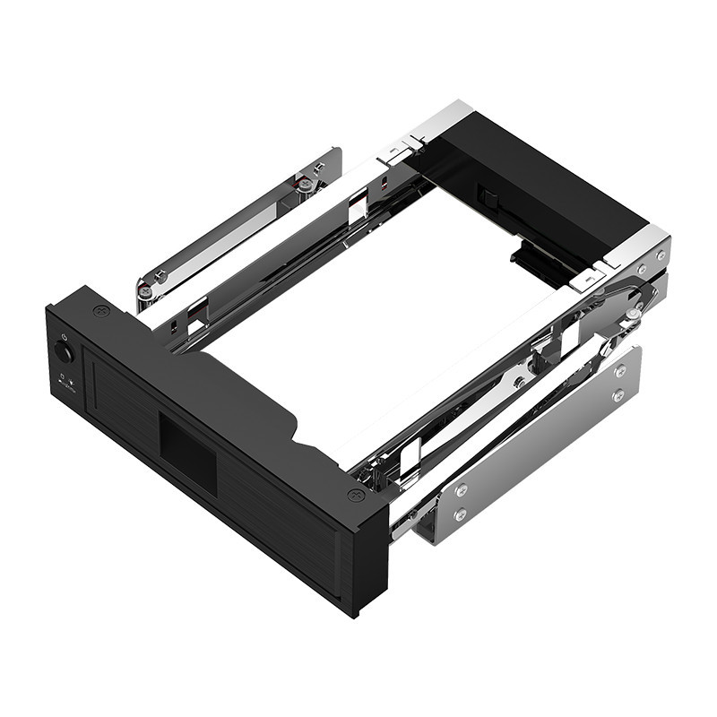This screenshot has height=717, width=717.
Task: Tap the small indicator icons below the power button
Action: [65, 380]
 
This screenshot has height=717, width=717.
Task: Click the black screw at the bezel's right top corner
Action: [356, 495]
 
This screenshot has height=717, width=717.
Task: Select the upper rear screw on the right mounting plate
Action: [619, 370]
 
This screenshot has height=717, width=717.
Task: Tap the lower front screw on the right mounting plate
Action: [460, 515]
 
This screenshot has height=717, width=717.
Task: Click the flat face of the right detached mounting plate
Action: [538, 448]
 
